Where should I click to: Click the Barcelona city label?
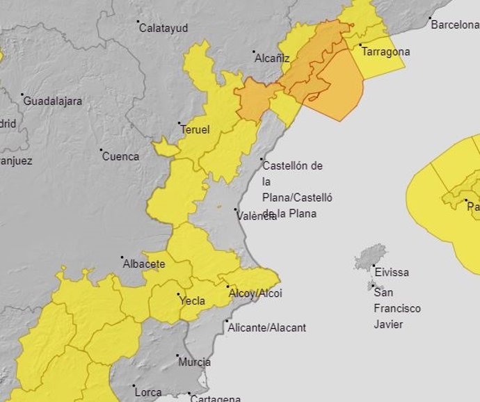click(x=455, y=25)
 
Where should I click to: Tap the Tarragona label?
click(x=385, y=51)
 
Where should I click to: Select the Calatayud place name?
click(x=163, y=29)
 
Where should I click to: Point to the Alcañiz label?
click(x=272, y=58)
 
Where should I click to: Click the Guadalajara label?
click(x=53, y=101)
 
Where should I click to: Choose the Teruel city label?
click(x=195, y=130)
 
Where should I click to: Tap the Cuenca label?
click(x=120, y=156)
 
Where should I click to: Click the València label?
click(x=257, y=216)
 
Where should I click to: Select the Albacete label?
click(x=144, y=264)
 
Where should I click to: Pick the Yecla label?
click(x=192, y=300)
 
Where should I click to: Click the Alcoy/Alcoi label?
click(x=255, y=294)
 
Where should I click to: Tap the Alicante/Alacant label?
click(x=267, y=327)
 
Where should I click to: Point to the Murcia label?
click(x=195, y=362)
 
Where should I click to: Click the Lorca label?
click(x=148, y=392)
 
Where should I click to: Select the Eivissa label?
click(x=392, y=272)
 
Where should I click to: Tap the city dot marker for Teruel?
click(x=179, y=124)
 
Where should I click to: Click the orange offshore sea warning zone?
click(x=337, y=87)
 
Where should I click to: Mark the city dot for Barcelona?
click(x=430, y=18)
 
